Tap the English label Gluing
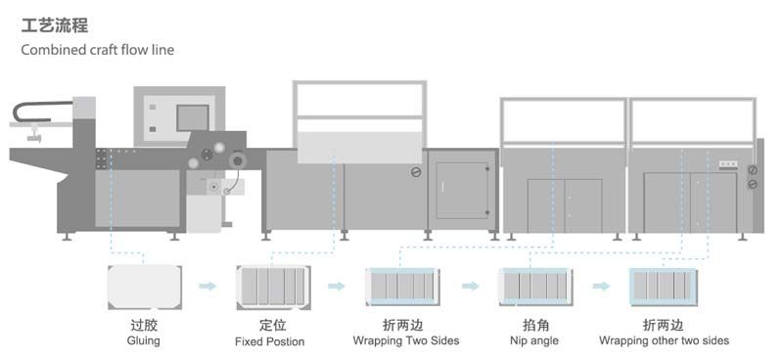[x=143, y=341]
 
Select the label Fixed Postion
[x=269, y=341]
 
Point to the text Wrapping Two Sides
[x=405, y=341]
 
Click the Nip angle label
[x=532, y=341]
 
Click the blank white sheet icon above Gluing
[x=145, y=286]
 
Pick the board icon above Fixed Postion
[x=273, y=286]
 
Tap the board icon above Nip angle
[x=533, y=286]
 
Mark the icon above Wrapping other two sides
[x=665, y=286]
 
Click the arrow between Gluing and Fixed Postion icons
[x=207, y=286]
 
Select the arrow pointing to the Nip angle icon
[x=471, y=286]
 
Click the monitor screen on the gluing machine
[x=189, y=116]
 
